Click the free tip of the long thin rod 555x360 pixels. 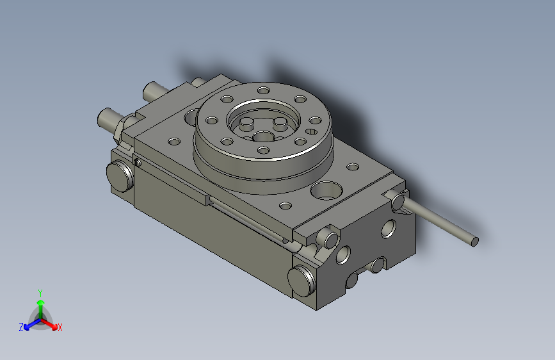(474, 241)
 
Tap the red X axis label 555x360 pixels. (60, 328)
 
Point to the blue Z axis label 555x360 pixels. (21, 327)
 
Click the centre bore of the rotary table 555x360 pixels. (262, 136)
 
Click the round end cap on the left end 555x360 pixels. (118, 176)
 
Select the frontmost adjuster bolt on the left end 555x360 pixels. (108, 119)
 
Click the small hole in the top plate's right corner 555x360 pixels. (353, 168)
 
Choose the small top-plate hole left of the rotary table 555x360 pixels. (172, 142)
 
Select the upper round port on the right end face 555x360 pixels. (389, 229)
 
